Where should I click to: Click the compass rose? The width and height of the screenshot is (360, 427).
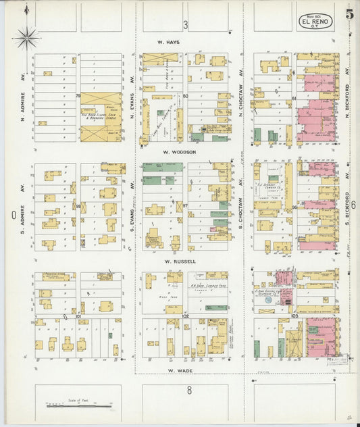27,37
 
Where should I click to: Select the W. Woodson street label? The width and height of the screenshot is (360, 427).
179,152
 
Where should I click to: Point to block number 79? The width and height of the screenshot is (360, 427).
78,95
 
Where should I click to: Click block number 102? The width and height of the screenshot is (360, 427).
185,316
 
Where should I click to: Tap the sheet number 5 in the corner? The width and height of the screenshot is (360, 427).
349,12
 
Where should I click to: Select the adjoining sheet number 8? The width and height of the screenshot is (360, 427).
190,390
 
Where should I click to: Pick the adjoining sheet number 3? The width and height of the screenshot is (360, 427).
185,25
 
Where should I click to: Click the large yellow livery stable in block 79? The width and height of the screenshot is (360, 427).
101,117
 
